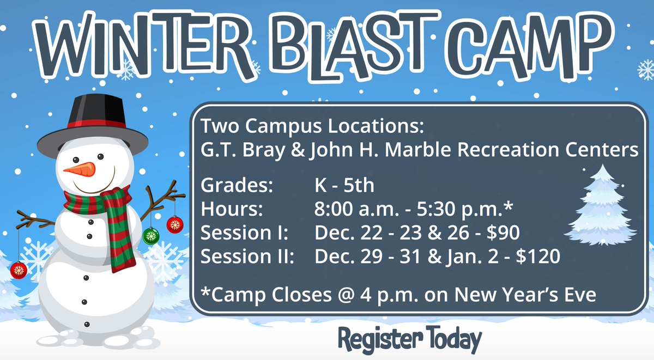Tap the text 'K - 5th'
[x=344, y=186]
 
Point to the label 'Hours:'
[x=232, y=209]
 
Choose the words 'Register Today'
[x=409, y=339]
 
